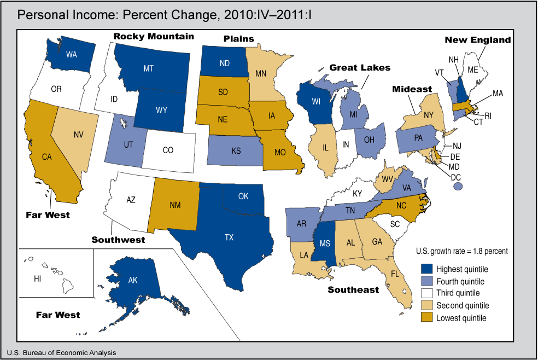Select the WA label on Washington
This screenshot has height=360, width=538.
pyautogui.click(x=71, y=55)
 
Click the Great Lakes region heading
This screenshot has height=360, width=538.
pyautogui.click(x=360, y=67)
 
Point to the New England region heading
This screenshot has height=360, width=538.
pyautogui.click(x=477, y=40)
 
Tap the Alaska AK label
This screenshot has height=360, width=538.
pyautogui.click(x=132, y=280)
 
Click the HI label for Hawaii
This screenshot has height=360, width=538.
pyautogui.click(x=38, y=279)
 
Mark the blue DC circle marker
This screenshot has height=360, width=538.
pyautogui.click(x=458, y=187)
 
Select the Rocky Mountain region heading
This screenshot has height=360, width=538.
pyautogui.click(x=153, y=37)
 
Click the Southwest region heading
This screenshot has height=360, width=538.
pyautogui.click(x=118, y=240)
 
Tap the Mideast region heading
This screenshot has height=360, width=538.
pyautogui.click(x=411, y=89)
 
